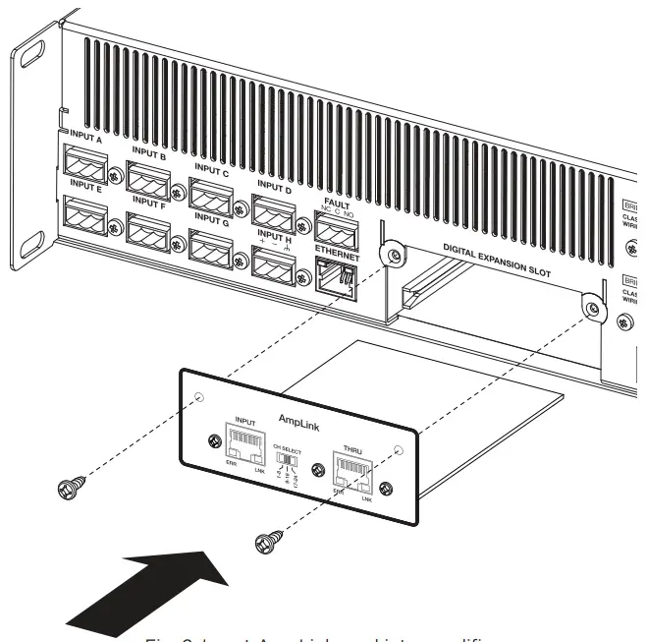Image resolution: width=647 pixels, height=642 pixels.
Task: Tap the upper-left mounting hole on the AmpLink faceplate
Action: point(200,398)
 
